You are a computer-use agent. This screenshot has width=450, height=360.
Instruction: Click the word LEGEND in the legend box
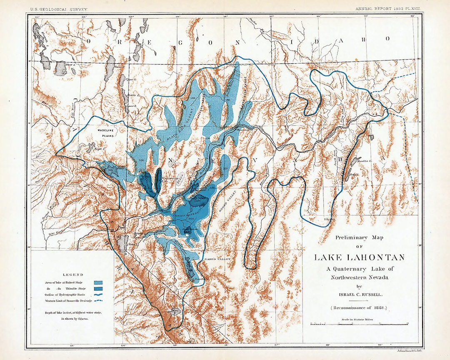click(x=73, y=275)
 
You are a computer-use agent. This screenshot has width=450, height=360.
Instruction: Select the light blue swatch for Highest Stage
click(x=99, y=283)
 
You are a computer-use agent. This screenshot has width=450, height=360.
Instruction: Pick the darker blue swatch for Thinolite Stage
click(x=99, y=288)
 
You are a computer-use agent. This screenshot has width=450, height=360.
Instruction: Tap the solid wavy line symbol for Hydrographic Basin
click(x=99, y=294)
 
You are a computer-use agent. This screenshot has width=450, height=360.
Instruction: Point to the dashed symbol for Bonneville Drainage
click(x=99, y=300)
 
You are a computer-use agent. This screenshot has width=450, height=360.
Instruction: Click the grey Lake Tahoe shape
click(x=122, y=242)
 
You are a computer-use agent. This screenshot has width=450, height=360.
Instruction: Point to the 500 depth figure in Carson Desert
click(x=192, y=219)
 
